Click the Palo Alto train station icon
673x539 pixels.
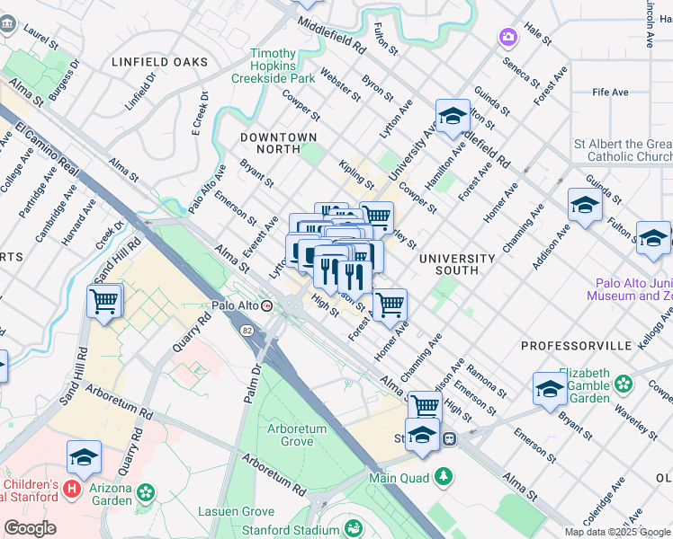(267, 306)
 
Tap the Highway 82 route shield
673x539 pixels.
(247, 331)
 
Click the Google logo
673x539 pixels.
(30, 528)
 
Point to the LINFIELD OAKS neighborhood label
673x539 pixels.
(159, 62)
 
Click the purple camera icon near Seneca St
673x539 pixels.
(507, 37)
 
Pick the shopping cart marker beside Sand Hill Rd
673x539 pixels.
(104, 302)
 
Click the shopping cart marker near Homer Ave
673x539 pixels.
(390, 305)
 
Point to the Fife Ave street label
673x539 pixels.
(610, 93)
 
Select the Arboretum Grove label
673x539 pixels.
(297, 435)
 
